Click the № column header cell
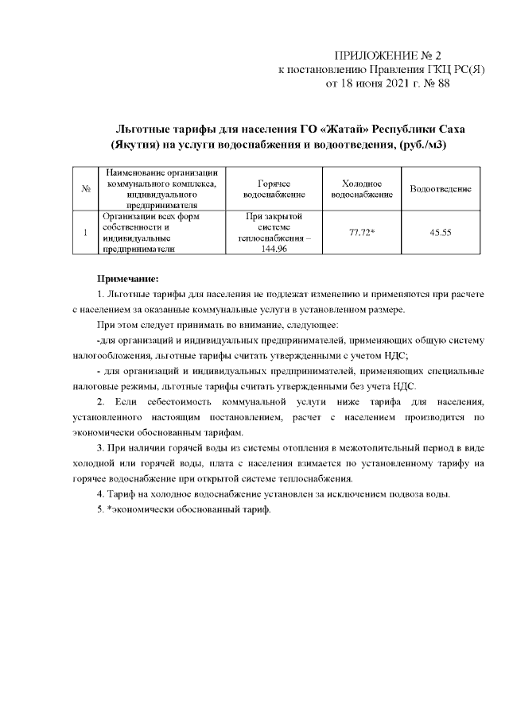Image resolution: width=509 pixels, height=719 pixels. pyautogui.click(x=84, y=188)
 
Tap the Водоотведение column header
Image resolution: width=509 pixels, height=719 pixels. pyautogui.click(x=440, y=188)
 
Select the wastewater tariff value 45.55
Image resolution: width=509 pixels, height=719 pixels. pyautogui.click(x=440, y=232)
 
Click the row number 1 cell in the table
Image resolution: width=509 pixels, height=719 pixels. pyautogui.click(x=84, y=232)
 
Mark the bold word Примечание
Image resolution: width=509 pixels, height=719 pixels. pyautogui.click(x=128, y=279)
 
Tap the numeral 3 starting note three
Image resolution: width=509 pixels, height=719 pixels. pyautogui.click(x=98, y=450)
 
